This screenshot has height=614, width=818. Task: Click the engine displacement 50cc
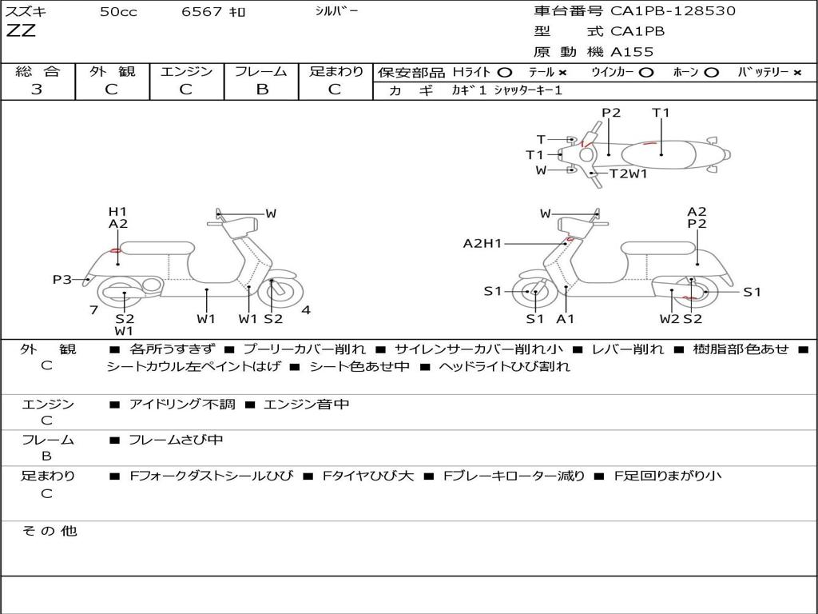coord(118,12)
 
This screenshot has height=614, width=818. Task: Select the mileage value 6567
coord(203,12)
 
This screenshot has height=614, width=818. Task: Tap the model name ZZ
coord(21,32)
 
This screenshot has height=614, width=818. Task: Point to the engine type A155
coord(632,52)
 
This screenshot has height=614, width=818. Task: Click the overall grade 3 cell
coord(37,90)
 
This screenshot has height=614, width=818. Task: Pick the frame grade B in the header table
coord(262,90)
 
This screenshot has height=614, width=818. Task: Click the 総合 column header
coord(37,71)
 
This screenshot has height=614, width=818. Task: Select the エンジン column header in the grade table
coord(186,71)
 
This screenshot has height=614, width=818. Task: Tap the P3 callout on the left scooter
coord(62,280)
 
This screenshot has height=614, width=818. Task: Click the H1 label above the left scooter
coord(117,212)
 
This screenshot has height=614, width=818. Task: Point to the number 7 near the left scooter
coord(93,310)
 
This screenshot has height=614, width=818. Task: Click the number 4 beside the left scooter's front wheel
coord(306,310)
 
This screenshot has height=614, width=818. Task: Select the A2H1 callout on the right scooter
coord(482,244)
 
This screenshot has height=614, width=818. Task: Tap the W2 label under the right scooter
coord(669,319)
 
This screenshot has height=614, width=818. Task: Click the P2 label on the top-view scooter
coord(611,113)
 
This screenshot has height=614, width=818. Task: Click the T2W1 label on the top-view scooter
coord(629,173)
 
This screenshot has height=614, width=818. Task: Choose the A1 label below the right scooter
coord(566,319)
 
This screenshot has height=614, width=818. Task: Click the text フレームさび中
coord(176,440)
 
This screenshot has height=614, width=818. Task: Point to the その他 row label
coord(49,531)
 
